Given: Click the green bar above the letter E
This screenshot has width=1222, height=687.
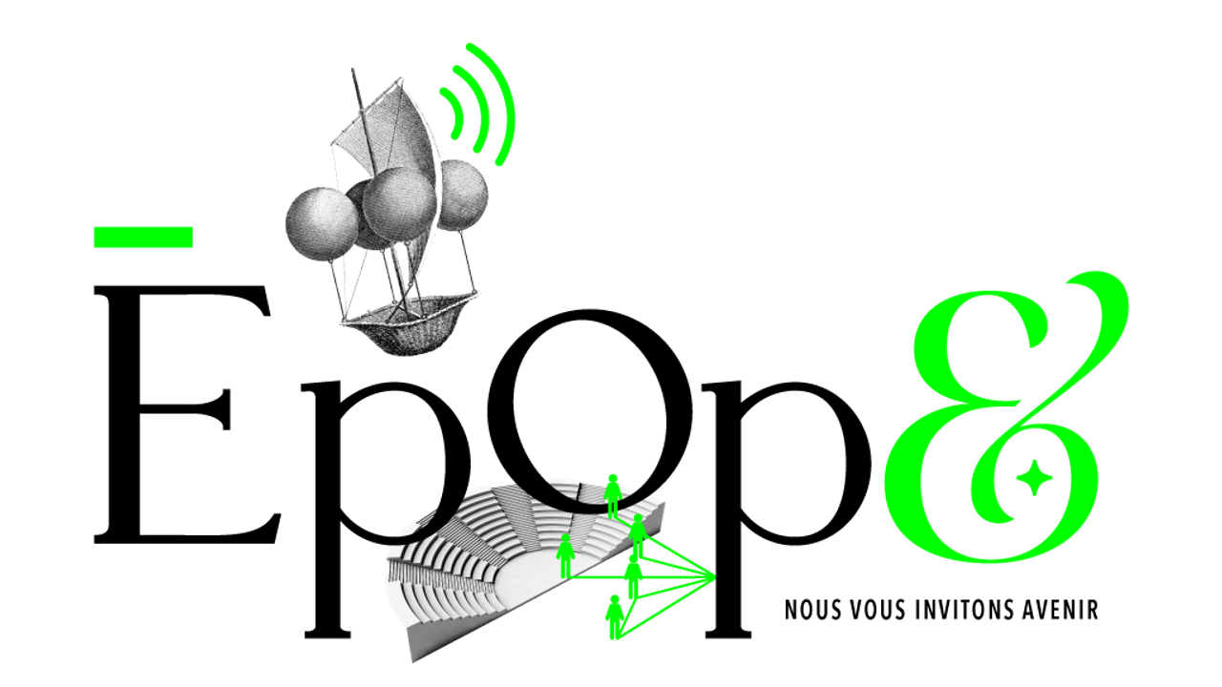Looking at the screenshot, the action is [143, 238].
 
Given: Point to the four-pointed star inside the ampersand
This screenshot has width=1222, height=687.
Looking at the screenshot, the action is [1033, 478].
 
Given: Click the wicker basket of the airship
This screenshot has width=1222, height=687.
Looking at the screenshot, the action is [407, 324].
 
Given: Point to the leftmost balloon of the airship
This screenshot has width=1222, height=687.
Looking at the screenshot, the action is [322, 224].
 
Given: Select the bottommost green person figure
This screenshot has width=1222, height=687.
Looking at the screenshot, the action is [614, 617].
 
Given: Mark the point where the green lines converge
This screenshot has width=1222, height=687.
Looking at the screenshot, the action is [715, 577].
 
